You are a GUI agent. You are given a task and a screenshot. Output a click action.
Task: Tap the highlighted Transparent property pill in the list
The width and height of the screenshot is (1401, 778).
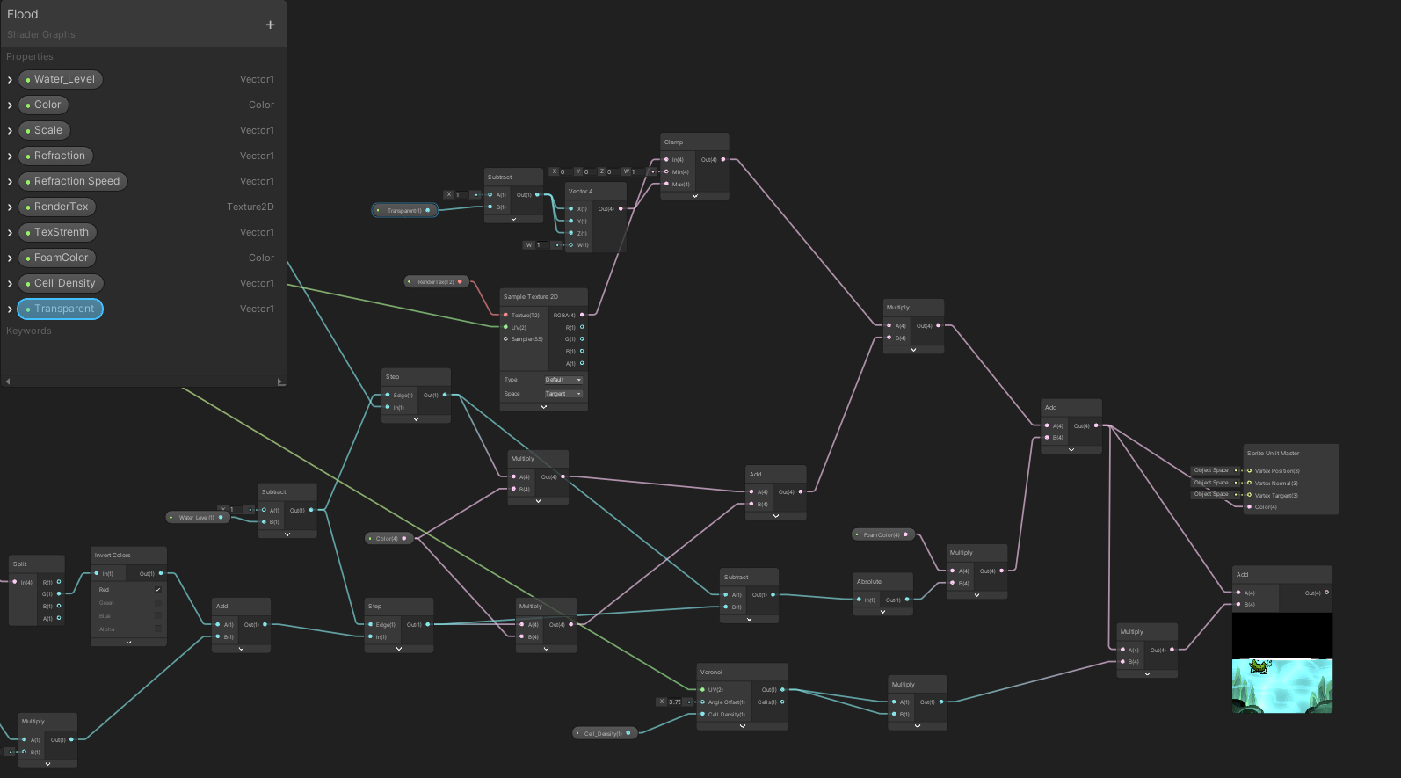point(60,309)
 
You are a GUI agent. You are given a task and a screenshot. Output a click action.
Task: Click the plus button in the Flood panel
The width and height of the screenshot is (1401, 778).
point(270,25)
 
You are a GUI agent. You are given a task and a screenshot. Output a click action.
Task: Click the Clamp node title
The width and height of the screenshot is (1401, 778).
point(674,142)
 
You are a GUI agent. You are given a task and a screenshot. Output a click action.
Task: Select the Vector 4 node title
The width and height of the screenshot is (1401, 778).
point(580,191)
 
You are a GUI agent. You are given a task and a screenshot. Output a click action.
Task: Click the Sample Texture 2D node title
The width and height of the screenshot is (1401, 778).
point(531,296)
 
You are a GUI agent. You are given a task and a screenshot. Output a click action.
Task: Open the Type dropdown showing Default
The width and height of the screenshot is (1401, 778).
point(563,380)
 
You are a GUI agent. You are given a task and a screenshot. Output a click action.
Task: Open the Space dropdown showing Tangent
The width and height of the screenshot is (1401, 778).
point(563,394)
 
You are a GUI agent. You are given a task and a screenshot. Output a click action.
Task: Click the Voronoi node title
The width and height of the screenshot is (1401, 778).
point(711,672)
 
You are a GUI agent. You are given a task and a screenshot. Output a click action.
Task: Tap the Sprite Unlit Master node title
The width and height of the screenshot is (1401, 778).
point(1273,453)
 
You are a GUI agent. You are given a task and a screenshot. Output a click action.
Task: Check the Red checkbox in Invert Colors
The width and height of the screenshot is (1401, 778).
point(158,590)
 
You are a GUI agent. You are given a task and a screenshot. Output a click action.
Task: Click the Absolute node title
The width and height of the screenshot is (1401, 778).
point(869,581)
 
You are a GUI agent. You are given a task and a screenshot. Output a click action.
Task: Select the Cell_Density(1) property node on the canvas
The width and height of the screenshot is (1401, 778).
point(603,733)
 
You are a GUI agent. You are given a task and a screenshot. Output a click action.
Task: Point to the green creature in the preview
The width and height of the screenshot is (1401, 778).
point(1260,666)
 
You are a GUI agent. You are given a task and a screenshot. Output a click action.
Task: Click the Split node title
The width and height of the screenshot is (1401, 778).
point(20,564)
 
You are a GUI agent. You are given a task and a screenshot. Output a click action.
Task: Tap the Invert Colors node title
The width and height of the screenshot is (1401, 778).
point(113,555)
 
